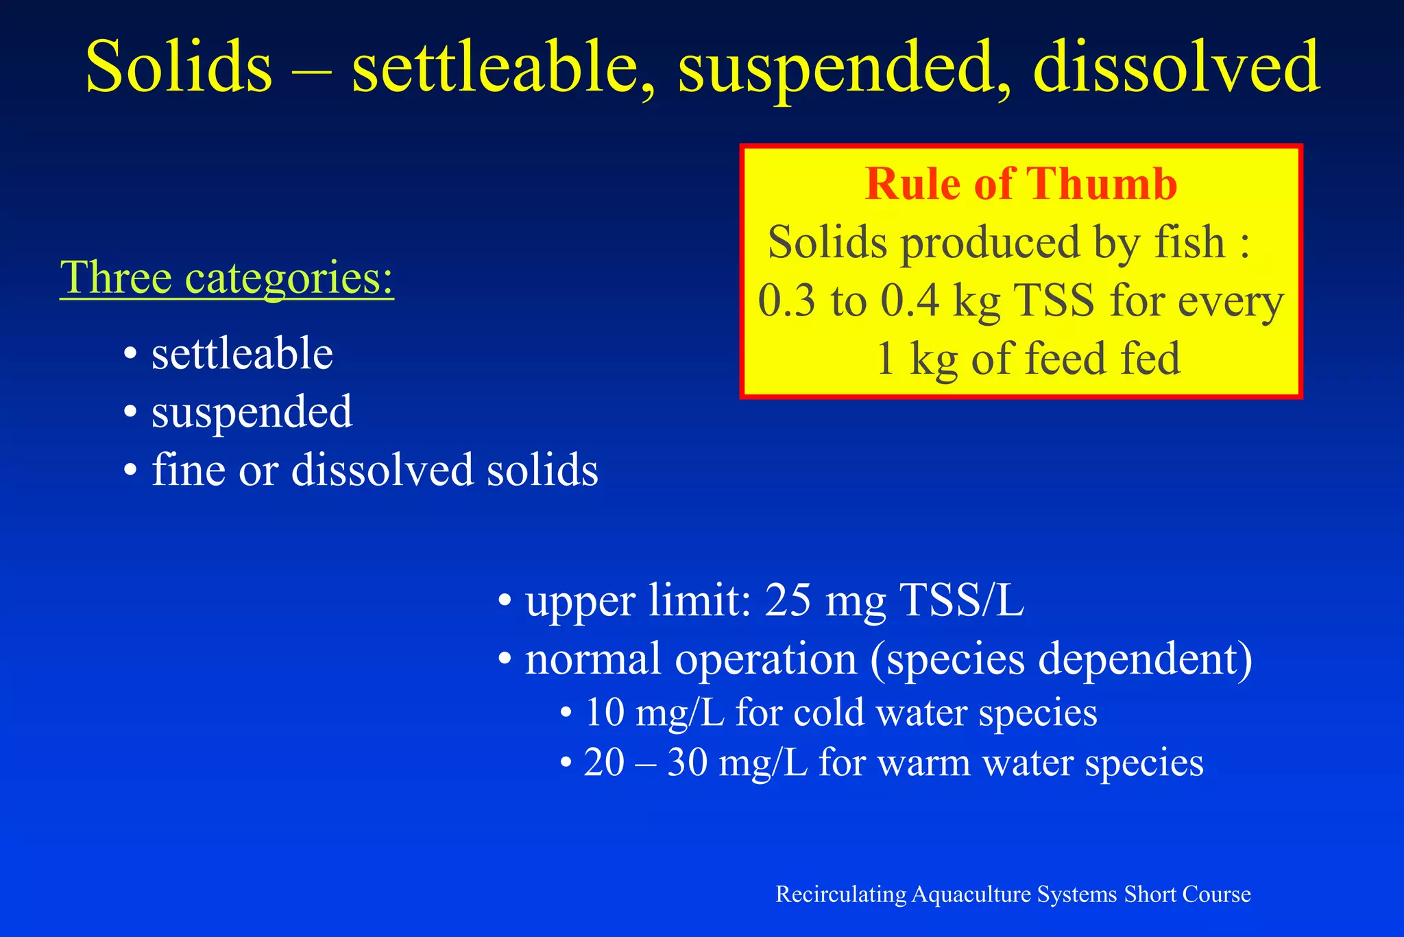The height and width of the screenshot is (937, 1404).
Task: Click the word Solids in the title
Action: [x=179, y=68]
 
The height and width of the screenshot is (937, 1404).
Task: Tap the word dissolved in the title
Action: [x=1176, y=68]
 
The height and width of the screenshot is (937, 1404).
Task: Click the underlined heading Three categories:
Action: [x=227, y=278]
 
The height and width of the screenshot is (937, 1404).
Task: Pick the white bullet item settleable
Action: [x=242, y=354]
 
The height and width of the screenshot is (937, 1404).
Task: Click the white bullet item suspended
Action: [x=252, y=413]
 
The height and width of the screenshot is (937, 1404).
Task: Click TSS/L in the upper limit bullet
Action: [x=961, y=600]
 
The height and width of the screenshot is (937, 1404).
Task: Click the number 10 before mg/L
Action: [x=604, y=713]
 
